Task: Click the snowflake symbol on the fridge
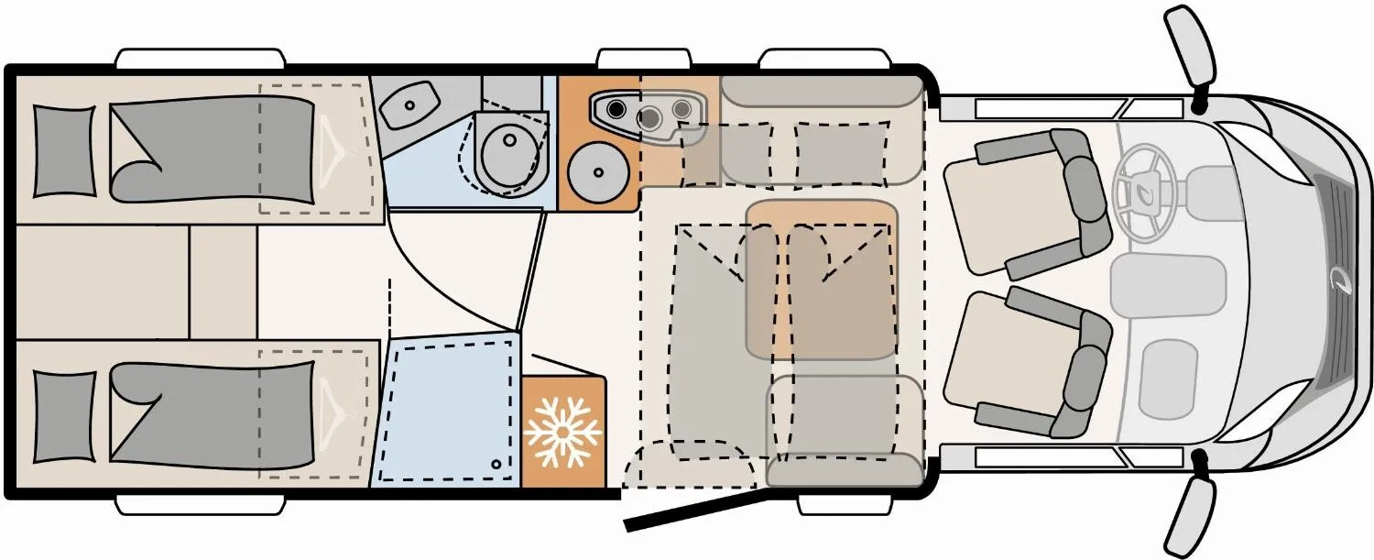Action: (562, 430)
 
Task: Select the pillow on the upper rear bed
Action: (64, 151)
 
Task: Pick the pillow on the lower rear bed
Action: (64, 417)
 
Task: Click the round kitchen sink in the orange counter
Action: (596, 171)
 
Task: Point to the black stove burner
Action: (617, 110)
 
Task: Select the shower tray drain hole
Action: (496, 465)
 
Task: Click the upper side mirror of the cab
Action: (1187, 48)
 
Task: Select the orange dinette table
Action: (821, 279)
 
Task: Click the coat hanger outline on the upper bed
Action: (331, 147)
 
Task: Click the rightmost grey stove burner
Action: (682, 109)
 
